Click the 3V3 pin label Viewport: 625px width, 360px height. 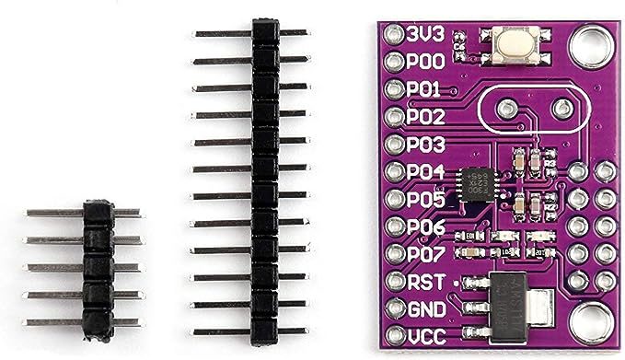[x=425, y=34]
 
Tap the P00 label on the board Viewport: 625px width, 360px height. [x=426, y=63]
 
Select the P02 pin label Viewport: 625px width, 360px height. [x=426, y=118]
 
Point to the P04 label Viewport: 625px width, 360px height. [x=426, y=172]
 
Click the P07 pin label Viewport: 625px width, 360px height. [x=426, y=253]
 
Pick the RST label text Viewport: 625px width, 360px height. [x=425, y=281]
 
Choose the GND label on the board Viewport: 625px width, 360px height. [x=426, y=308]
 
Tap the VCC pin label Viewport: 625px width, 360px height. [x=426, y=336]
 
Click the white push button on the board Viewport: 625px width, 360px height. [x=509, y=44]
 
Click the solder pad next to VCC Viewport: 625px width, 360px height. [x=395, y=336]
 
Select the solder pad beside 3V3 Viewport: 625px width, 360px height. [x=395, y=34]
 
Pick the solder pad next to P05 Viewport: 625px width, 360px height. [x=395, y=199]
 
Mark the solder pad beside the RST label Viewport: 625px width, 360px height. [x=395, y=281]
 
